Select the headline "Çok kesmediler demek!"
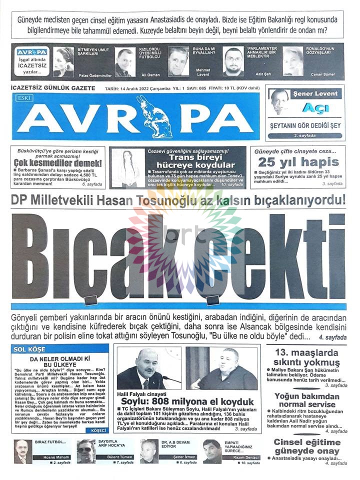coord(57,163)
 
